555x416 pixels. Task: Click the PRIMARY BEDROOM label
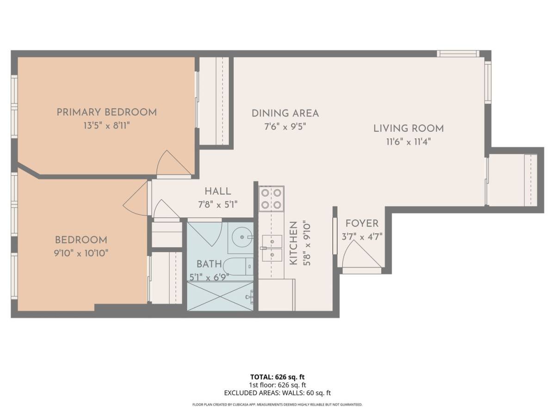click(x=107, y=112)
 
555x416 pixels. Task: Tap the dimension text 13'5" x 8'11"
click(x=107, y=126)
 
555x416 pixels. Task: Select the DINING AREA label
click(x=285, y=113)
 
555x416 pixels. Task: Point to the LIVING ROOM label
click(x=408, y=128)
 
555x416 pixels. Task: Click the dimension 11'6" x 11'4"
click(x=408, y=142)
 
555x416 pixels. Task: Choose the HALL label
click(x=218, y=191)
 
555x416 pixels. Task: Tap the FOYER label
click(x=362, y=223)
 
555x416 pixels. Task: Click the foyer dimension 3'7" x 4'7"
click(x=362, y=237)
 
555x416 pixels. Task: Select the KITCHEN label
click(x=293, y=243)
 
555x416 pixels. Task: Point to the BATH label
click(x=209, y=264)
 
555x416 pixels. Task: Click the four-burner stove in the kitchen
click(x=271, y=199)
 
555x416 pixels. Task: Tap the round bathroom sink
click(x=242, y=238)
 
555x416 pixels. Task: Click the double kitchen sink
click(x=272, y=248)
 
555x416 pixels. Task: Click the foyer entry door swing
click(x=362, y=254)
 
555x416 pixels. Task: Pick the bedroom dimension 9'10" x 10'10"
click(x=81, y=253)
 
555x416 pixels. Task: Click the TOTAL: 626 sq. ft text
click(x=277, y=377)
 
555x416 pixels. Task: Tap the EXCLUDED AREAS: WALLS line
click(x=277, y=393)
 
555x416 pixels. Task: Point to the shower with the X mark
click(x=220, y=296)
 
